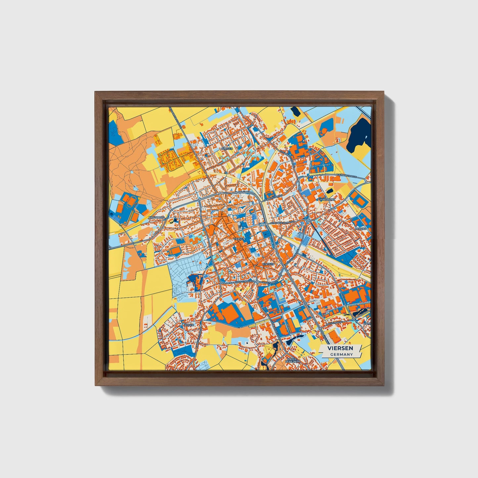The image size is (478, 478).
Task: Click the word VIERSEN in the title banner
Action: click(340, 348)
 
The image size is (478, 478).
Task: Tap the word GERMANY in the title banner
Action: click(341, 354)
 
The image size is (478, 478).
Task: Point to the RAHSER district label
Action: click(227, 149)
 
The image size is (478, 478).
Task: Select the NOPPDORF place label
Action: click(156, 217)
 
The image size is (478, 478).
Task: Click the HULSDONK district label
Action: click(327, 200)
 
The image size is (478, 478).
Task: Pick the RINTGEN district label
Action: click(268, 264)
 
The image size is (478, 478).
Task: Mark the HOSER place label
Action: click(189, 325)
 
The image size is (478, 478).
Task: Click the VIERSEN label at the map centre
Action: click(239, 239)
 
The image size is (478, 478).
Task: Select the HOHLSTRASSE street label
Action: click(243, 282)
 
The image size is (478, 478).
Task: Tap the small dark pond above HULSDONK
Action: click(330, 191)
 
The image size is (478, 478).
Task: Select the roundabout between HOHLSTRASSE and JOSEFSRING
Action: click(257, 282)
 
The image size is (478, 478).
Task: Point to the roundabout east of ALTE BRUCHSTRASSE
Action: click(308, 220)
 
